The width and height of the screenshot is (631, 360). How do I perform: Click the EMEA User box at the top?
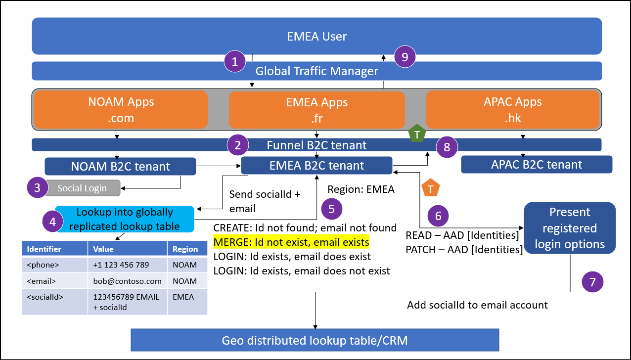pyautogui.click(x=316, y=36)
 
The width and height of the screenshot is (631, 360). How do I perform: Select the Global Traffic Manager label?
pyautogui.click(x=316, y=71)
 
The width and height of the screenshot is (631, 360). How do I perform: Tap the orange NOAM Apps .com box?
pyautogui.click(x=121, y=109)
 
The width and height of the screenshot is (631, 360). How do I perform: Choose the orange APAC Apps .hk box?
pyautogui.click(x=512, y=109)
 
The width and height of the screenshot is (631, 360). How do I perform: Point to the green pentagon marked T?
pyautogui.click(x=417, y=134)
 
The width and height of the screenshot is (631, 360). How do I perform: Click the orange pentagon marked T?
pyautogui.click(x=430, y=188)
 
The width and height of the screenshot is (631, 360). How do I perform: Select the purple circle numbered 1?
pyautogui.click(x=235, y=61)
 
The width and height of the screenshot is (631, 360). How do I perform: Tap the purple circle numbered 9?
pyautogui.click(x=405, y=57)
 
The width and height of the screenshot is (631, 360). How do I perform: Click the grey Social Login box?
pyautogui.click(x=81, y=188)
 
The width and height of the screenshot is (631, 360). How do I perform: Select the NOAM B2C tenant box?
pyautogui.click(x=120, y=166)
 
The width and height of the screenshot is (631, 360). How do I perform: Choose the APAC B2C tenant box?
pyautogui.click(x=537, y=165)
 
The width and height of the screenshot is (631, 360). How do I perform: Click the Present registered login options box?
pyautogui.click(x=570, y=228)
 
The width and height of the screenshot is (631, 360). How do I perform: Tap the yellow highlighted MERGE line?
pyautogui.click(x=291, y=242)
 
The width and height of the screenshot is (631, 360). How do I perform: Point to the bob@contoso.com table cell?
pyautogui.click(x=127, y=281)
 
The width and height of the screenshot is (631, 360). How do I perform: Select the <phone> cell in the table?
pyautogui.click(x=54, y=265)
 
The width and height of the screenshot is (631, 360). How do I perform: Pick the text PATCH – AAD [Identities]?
pyautogui.click(x=464, y=250)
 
